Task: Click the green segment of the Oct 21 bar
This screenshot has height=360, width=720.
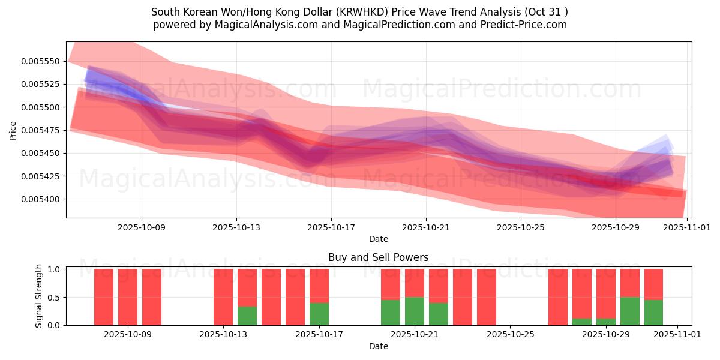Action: [x=415, y=311]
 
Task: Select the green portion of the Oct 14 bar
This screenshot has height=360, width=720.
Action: [x=247, y=316]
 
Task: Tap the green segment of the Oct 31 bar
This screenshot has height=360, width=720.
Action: [x=653, y=312]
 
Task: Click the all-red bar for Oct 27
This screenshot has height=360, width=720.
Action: [x=558, y=297]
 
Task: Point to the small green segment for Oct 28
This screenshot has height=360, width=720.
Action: [x=582, y=322]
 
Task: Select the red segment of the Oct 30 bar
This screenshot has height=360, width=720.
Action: [x=630, y=283]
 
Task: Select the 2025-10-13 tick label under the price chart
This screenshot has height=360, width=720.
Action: [x=236, y=227]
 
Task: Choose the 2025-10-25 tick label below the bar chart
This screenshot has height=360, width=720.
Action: [x=510, y=334]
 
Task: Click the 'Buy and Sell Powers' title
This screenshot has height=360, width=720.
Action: [x=378, y=257]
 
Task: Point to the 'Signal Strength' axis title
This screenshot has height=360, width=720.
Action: [x=39, y=296]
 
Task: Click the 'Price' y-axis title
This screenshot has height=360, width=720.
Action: [x=13, y=130]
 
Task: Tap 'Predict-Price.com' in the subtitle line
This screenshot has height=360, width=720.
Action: [x=526, y=25]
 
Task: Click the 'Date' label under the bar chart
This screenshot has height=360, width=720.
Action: [x=378, y=346]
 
